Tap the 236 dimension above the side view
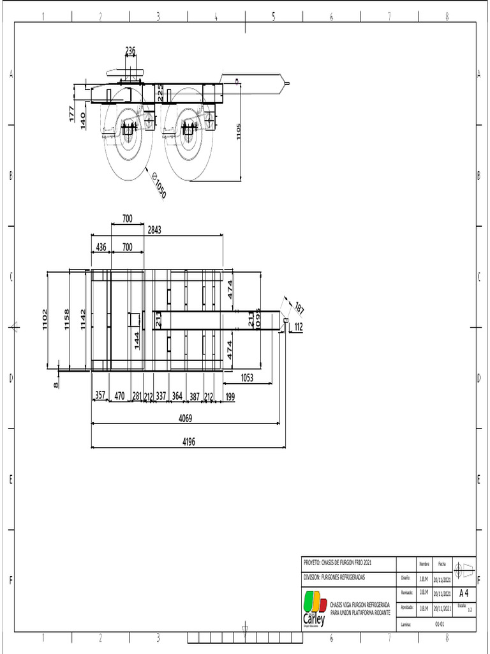point(130,51)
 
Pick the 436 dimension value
point(101,247)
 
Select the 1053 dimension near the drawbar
point(247,378)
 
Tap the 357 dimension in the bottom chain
point(100,395)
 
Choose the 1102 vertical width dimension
point(45,319)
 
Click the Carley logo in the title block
point(314,609)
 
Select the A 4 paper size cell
point(464,593)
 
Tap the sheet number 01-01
point(439,624)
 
